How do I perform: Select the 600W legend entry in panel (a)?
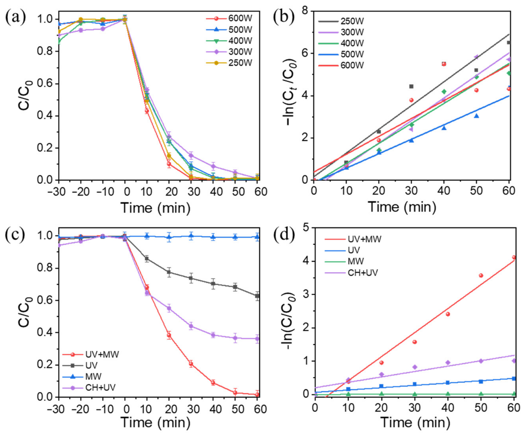point(240,19)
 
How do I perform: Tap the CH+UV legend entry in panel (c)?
point(100,388)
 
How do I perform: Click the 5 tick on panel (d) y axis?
point(307,227)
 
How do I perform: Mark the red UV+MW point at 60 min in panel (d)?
point(514,257)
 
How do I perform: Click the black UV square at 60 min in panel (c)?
point(257,296)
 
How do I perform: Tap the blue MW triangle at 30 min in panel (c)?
point(191,236)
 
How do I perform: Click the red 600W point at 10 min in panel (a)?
point(147,111)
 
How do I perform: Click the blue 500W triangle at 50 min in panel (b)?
point(476,116)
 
